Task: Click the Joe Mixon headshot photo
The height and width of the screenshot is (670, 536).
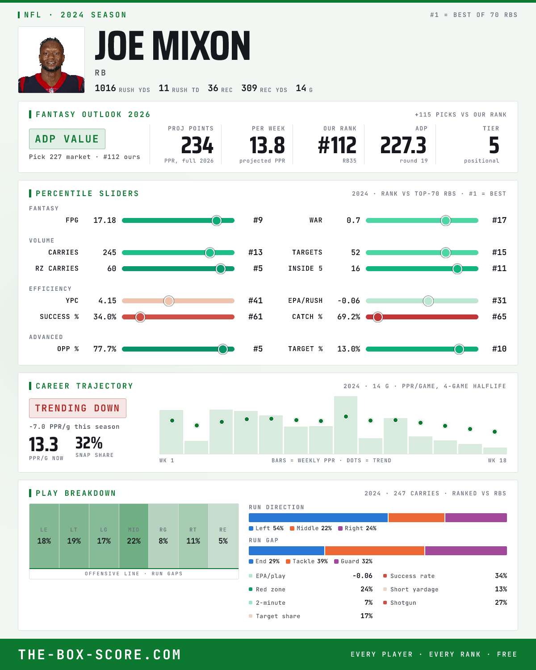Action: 51,60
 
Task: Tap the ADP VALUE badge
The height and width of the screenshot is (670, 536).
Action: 67,139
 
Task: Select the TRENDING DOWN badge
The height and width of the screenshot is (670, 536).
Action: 78,408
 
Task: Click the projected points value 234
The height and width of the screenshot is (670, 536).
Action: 197,146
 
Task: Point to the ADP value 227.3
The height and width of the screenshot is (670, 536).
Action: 403,146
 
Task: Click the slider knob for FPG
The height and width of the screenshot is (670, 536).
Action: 217,220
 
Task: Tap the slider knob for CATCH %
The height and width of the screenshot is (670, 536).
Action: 378,317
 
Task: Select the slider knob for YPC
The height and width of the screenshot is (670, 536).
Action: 169,301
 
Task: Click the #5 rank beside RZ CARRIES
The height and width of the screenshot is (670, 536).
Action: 258,268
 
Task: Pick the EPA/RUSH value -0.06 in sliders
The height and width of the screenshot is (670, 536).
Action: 348,301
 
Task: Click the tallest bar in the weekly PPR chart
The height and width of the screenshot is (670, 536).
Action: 345,425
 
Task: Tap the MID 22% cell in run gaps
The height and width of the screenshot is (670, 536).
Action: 134,536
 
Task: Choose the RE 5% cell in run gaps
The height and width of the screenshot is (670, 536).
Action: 223,536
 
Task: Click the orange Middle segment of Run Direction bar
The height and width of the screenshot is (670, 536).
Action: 416,517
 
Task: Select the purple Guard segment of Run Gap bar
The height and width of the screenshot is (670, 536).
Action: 466,550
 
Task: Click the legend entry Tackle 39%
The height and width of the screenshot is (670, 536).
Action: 307,561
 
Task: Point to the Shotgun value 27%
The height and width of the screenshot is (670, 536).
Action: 501,603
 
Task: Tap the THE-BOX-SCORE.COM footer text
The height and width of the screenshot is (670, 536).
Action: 100,654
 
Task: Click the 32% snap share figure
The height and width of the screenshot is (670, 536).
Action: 89,443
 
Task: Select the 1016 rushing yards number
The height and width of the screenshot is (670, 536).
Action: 105,88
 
